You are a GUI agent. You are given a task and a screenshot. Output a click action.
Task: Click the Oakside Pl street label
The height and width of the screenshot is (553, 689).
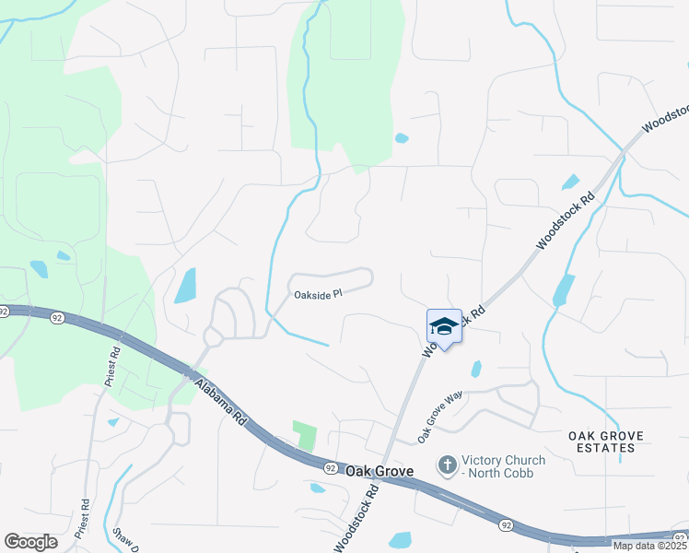(x=318, y=295)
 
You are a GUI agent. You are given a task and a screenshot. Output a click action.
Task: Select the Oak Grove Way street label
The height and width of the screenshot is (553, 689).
(x=439, y=416)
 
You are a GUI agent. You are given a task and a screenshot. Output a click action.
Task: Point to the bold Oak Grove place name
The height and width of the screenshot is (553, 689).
(x=380, y=470)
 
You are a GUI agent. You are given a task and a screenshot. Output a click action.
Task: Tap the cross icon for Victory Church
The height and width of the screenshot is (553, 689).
(x=447, y=465)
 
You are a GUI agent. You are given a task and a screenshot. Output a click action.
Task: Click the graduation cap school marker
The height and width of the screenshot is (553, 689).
(x=444, y=327)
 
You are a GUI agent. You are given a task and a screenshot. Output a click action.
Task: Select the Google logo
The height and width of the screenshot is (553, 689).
(x=30, y=542)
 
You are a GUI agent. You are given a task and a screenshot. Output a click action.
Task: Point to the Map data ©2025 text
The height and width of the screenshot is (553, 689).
(x=650, y=546)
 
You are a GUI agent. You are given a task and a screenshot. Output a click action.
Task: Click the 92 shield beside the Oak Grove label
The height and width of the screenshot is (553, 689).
(x=331, y=468)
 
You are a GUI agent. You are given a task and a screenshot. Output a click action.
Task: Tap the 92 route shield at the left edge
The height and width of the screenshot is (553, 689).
(x=4, y=312)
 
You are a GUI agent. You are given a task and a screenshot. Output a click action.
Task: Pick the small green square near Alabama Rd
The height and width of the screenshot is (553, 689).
(x=304, y=435)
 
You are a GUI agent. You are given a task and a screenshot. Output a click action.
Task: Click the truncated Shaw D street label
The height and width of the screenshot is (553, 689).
(x=126, y=540)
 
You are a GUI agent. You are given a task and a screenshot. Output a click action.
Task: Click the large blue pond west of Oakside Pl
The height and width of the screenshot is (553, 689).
(x=185, y=286)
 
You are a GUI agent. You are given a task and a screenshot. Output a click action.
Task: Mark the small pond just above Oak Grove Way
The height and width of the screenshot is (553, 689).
(x=475, y=369)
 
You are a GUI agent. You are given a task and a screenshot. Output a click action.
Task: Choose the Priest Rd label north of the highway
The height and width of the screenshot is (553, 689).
(x=114, y=366)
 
